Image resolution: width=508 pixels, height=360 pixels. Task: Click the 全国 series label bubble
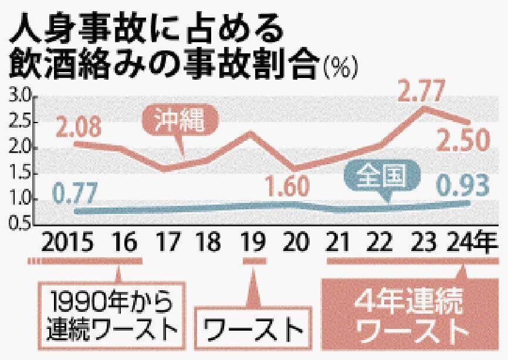pyautogui.click(x=381, y=176)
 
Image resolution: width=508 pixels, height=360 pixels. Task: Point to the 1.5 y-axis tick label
pyautogui.click(x=19, y=174)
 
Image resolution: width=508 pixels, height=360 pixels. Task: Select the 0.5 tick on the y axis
pyautogui.click(x=19, y=224)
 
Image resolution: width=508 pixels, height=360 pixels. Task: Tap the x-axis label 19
pyautogui.click(x=253, y=242)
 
